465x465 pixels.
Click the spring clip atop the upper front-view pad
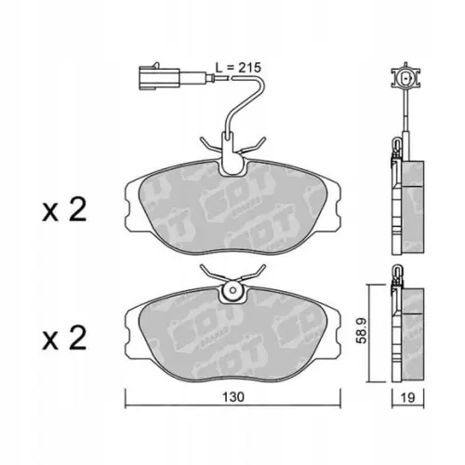226,149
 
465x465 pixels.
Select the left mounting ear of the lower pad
131,322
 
